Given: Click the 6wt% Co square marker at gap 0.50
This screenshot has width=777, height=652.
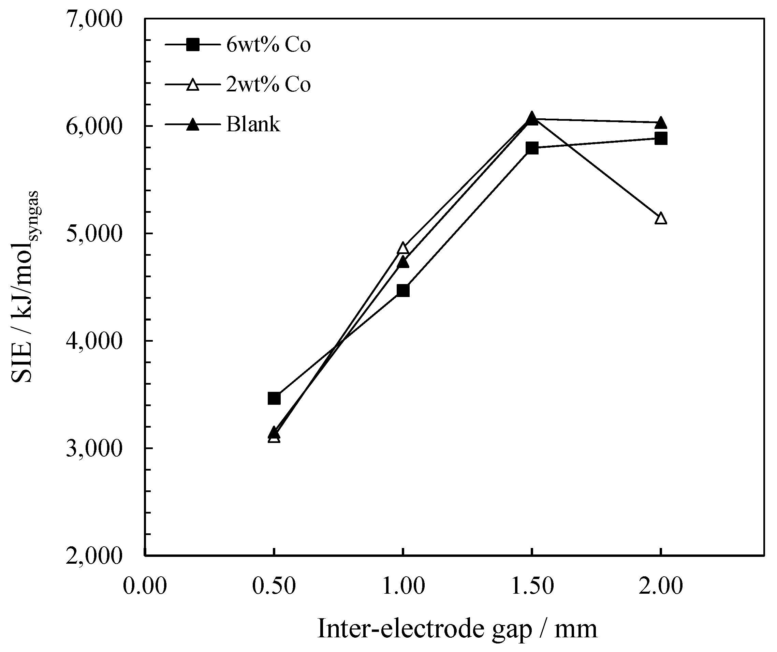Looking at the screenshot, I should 274,398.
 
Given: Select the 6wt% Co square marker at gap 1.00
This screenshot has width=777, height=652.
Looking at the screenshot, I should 402,290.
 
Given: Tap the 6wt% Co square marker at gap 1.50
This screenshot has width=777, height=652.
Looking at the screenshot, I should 532,148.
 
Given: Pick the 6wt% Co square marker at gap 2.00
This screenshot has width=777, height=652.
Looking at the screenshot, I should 660,139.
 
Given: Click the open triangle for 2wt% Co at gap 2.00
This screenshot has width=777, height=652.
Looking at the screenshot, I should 660,219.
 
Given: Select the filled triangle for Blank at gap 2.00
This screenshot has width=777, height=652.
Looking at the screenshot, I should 660,123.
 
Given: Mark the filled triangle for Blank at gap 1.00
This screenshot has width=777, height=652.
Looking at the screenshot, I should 402,262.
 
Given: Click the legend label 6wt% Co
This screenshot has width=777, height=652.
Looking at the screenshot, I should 268,45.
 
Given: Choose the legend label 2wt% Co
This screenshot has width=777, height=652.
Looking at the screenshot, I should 268,85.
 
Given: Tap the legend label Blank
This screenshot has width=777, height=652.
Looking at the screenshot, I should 253,124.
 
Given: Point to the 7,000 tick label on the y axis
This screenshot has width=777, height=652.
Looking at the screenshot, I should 94,19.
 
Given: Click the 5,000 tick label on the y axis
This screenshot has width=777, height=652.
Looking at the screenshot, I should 94,234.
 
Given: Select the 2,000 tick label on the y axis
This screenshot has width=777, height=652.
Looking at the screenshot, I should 94,555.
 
